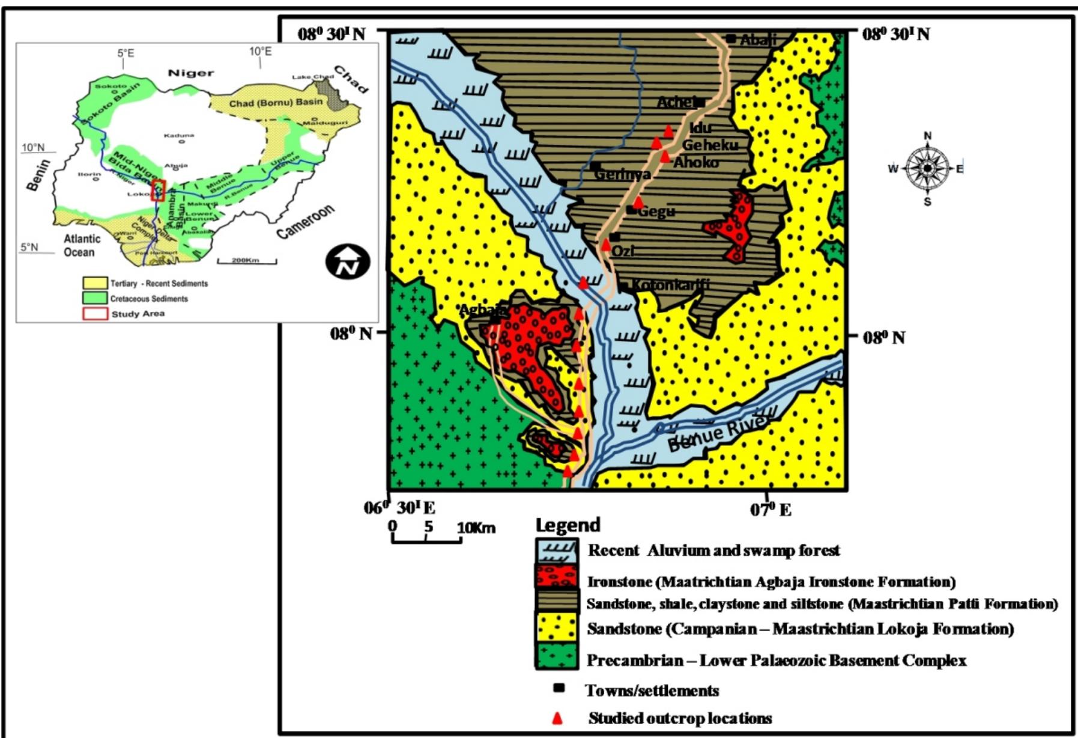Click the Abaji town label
[x=758, y=40]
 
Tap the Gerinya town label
[x=622, y=174]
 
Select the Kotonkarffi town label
[x=670, y=285]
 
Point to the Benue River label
[x=718, y=435]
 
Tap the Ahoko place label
[x=696, y=162]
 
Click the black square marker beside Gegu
[x=631, y=210]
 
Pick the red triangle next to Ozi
[x=606, y=245]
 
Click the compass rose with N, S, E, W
[x=927, y=168]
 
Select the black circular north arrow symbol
[x=348, y=261]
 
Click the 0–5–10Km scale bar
[x=426, y=538]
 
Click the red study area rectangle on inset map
[x=158, y=190]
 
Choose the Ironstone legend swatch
[x=557, y=575]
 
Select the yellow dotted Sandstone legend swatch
[x=557, y=628]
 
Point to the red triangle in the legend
[x=558, y=718]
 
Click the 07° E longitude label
[x=771, y=510]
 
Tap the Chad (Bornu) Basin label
[x=276, y=103]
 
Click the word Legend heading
[x=568, y=525]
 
